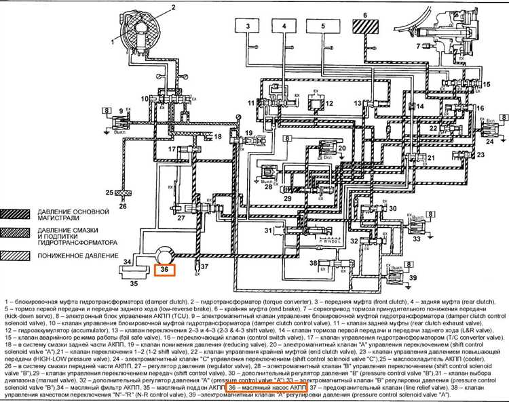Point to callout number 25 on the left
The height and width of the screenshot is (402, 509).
110,193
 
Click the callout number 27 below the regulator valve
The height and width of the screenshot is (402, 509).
181,218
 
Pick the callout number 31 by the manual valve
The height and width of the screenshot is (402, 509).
268,231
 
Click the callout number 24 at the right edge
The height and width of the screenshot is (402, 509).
491,142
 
